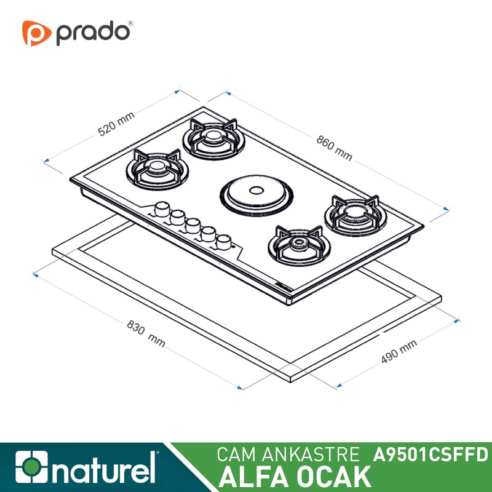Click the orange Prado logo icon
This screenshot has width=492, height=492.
pyautogui.click(x=36, y=33)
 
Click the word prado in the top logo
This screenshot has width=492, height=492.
pyautogui.click(x=93, y=33)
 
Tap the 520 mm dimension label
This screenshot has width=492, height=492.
pyautogui.click(x=116, y=124)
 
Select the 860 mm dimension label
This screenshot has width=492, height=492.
pyautogui.click(x=334, y=148)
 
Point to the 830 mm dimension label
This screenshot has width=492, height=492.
pyautogui.click(x=146, y=333)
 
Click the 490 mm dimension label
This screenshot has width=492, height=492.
pyautogui.click(x=399, y=351)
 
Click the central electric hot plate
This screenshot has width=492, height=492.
pyautogui.click(x=256, y=195)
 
